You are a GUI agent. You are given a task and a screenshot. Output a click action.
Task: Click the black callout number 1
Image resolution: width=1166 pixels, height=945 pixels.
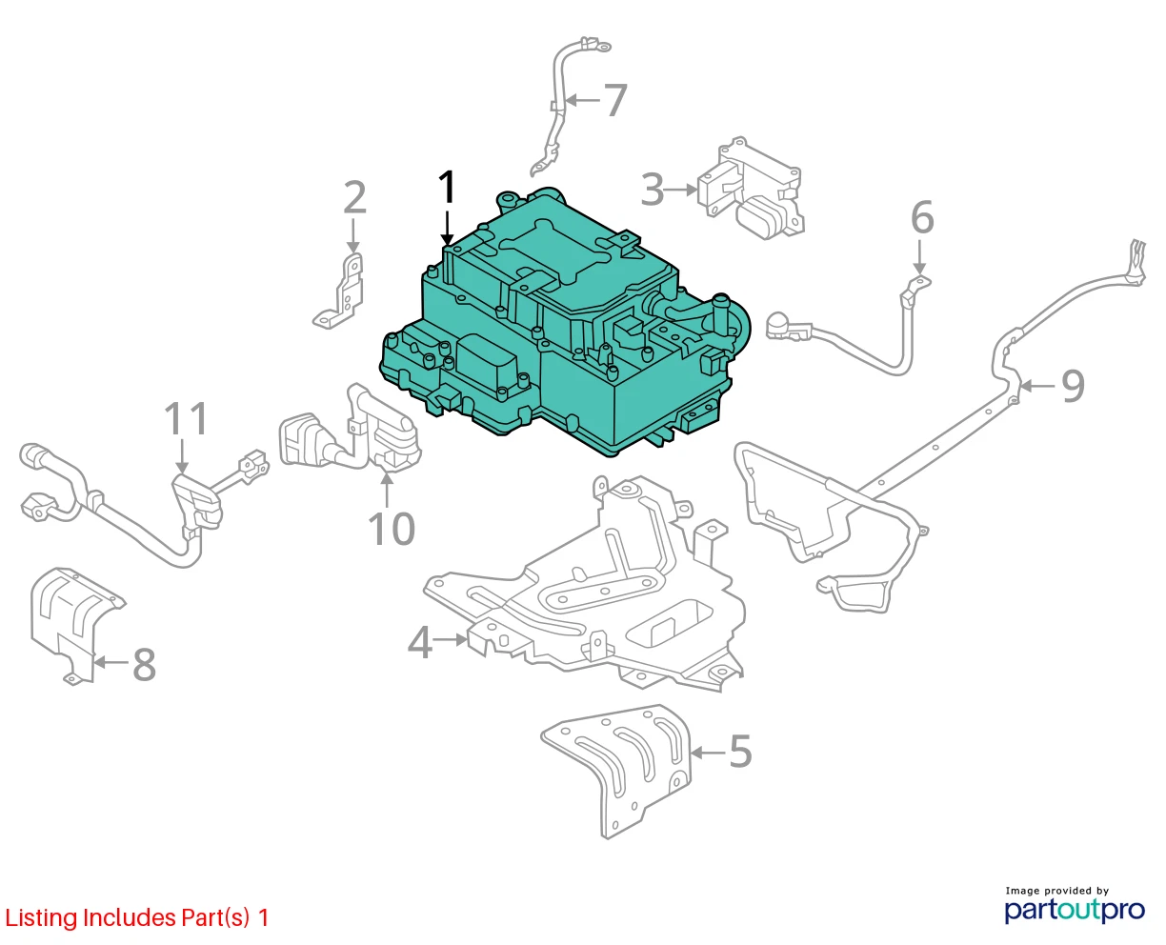447,188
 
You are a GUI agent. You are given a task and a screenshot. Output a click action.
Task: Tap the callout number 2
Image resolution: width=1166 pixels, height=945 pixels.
354,197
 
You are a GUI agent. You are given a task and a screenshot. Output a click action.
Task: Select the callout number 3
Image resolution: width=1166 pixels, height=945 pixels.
652,190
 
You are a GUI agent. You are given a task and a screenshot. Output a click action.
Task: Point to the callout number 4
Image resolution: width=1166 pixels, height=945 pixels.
420,643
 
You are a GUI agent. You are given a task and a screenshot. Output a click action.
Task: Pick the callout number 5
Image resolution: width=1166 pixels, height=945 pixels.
740,751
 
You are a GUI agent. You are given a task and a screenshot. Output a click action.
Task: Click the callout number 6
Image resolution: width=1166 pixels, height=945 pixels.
922,217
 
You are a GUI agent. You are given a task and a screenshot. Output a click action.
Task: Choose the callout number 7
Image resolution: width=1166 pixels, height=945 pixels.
615,100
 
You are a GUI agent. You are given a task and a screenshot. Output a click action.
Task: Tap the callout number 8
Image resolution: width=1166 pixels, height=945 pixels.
144,665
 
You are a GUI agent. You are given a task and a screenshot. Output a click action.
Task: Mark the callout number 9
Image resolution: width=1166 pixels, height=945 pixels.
1073,386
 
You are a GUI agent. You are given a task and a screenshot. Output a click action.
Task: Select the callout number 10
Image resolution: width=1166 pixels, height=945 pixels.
392,529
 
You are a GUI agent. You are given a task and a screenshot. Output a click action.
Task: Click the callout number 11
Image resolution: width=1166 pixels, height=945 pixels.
186,418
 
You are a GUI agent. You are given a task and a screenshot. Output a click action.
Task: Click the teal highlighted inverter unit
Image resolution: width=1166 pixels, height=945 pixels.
564,329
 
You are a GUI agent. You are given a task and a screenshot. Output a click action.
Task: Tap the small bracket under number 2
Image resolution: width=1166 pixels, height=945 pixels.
339,292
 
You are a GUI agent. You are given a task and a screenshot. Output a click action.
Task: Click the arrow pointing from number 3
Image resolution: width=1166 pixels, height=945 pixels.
681,190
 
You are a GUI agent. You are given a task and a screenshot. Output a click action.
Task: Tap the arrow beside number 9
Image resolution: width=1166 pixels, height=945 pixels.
1037,386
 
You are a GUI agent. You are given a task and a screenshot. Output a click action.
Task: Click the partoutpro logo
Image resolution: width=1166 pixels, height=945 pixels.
1075,910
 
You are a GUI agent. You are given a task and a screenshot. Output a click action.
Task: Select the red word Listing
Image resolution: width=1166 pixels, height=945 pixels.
41,918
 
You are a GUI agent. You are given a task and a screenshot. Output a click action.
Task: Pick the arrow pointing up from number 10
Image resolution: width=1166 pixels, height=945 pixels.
387,490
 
